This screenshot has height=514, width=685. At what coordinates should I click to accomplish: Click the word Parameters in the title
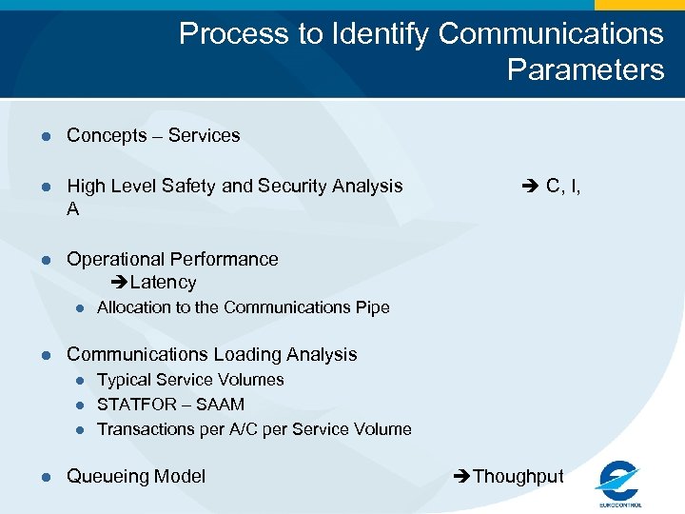point(585,69)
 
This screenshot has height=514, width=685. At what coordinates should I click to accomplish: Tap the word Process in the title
point(234,33)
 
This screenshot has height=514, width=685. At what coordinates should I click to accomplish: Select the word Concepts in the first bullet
point(107,136)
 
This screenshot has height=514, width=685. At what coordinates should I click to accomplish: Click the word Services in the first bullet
point(204,136)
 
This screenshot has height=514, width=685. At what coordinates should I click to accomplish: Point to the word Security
point(291,187)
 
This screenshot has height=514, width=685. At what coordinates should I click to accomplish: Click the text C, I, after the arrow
point(563,187)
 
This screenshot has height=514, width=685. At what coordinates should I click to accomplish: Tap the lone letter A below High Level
point(73,209)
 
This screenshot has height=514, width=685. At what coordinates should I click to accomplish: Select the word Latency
point(164,283)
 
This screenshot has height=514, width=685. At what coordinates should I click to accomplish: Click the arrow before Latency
point(120,283)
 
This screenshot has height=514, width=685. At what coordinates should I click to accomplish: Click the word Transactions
point(146,429)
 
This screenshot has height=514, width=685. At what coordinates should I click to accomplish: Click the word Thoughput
point(519,477)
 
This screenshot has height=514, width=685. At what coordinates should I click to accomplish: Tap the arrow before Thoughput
point(463,477)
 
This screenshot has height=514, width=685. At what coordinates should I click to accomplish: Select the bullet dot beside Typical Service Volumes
point(81,380)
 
